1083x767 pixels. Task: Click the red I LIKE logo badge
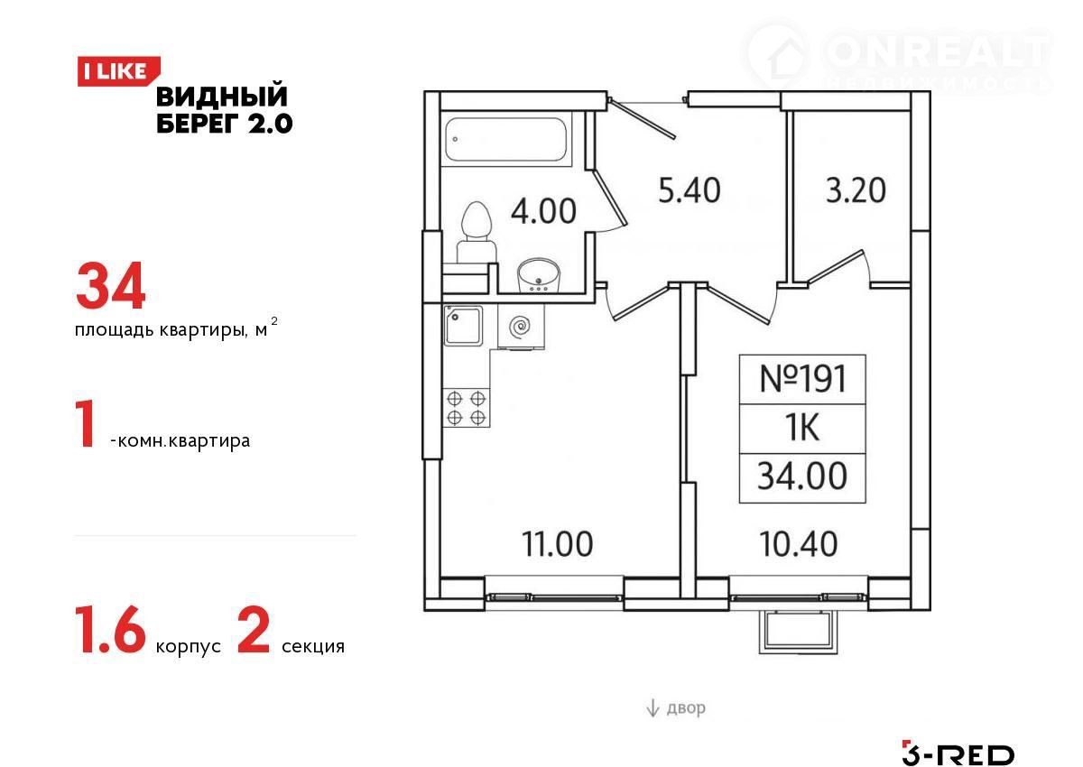point(118,71)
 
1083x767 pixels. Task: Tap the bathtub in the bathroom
point(505,139)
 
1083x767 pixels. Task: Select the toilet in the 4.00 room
point(477,231)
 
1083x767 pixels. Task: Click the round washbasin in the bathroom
point(538,275)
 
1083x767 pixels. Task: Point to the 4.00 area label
point(543,211)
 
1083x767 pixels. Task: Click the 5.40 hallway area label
point(689,189)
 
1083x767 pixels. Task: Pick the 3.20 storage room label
point(856,189)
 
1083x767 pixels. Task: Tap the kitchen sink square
point(463,325)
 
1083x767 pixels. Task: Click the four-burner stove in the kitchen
point(466,408)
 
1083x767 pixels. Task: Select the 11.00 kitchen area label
point(557,544)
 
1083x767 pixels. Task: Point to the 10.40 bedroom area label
point(798,544)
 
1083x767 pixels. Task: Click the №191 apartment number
point(803,379)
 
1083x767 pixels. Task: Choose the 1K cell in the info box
point(802,429)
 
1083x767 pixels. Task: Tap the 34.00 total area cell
point(802,476)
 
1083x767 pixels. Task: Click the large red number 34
point(111,285)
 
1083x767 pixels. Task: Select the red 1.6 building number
point(110,630)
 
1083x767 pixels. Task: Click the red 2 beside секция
point(254,630)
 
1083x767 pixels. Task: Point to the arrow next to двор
point(653,707)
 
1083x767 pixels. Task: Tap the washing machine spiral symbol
point(521,327)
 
